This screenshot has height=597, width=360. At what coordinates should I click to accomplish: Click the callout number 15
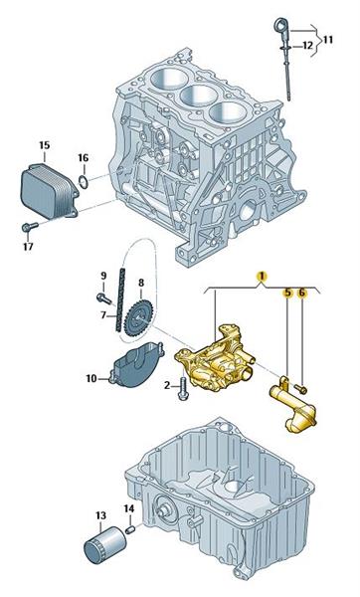pyautogui.click(x=45, y=145)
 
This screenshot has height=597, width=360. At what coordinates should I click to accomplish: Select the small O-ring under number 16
pyautogui.click(x=85, y=182)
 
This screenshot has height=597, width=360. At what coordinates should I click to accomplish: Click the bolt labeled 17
pyautogui.click(x=30, y=227)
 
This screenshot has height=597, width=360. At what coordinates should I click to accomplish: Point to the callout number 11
pyautogui.click(x=327, y=40)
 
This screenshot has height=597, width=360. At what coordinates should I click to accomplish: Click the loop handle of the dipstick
pyautogui.click(x=280, y=28)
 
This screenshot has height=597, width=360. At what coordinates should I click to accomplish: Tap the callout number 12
pyautogui.click(x=307, y=46)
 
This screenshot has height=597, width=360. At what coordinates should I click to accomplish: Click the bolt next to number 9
pyautogui.click(x=103, y=298)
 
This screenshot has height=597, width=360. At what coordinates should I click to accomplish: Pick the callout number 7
pyautogui.click(x=103, y=315)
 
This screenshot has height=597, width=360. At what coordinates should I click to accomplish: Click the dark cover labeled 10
pyautogui.click(x=136, y=364)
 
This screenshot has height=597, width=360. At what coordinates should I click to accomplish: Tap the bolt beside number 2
pyautogui.click(x=182, y=389)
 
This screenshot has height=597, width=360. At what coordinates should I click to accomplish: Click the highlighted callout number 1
pyautogui.click(x=262, y=276)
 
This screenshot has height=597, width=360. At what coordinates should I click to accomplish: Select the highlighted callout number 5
pyautogui.click(x=287, y=293)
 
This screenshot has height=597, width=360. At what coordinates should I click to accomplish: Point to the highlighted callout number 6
pyautogui.click(x=301, y=293)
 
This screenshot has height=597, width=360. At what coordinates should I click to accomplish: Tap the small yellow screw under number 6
pyautogui.click(x=301, y=389)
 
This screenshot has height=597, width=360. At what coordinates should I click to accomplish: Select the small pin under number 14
pyautogui.click(x=129, y=529)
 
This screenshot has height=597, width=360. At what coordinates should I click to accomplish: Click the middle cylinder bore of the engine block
pyautogui.click(x=198, y=95)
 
